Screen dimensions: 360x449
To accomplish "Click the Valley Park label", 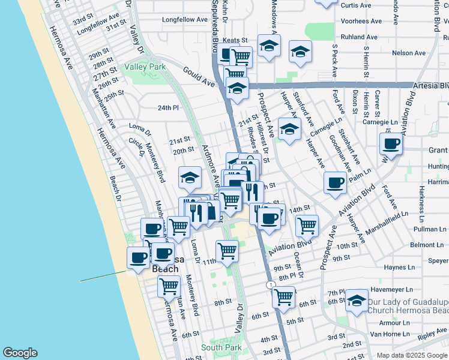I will click(x=145, y=67).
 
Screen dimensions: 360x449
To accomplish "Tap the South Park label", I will click(x=220, y=347).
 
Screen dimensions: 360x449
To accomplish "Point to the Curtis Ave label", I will click(x=356, y=5).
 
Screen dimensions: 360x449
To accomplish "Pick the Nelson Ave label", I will click(x=408, y=53).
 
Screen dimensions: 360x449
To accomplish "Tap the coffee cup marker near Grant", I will click(x=391, y=144).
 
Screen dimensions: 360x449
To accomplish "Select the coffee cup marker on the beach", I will click(x=139, y=257).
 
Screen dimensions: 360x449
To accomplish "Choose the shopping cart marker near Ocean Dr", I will click(x=307, y=226).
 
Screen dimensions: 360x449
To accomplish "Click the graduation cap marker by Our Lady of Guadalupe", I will click(x=357, y=301).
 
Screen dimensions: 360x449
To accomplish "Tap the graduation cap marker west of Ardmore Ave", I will click(x=190, y=177).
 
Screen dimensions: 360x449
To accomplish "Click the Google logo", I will click(x=20, y=353).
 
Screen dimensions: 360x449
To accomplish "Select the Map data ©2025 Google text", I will click(x=412, y=355).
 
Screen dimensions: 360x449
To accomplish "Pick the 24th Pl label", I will click(x=168, y=108).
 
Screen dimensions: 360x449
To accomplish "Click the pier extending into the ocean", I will click(x=102, y=276).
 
